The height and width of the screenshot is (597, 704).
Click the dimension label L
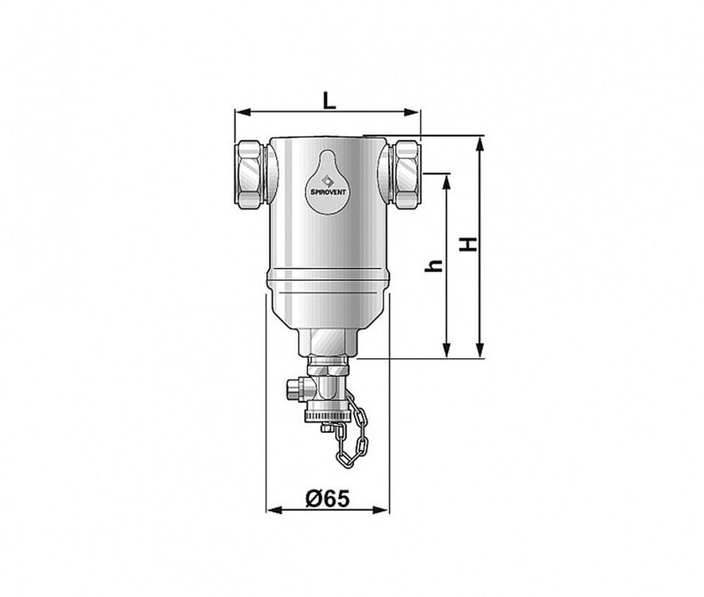pos(329,100)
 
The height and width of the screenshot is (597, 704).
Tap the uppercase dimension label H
pos(470,245)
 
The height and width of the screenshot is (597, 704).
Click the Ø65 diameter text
pos(327,498)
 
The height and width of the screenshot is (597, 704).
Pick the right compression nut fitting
pos(406,173)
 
